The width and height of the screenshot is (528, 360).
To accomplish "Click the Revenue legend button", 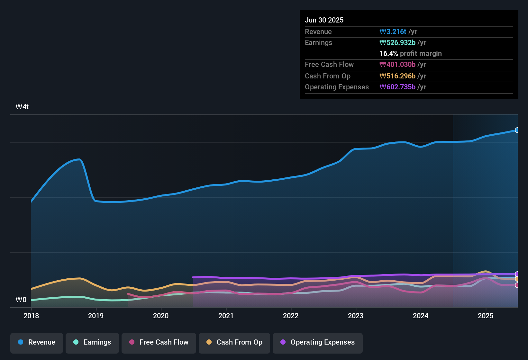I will click(37, 342).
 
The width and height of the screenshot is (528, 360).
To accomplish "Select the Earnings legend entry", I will click(92, 342).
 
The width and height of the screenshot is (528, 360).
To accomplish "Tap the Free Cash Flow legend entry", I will click(159, 342).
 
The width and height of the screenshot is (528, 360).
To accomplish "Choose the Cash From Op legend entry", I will click(234, 342).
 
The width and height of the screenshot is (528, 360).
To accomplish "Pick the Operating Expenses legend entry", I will click(318, 342).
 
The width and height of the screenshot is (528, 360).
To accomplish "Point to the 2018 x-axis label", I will click(31, 316).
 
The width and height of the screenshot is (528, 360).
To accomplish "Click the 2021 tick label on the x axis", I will click(226, 316).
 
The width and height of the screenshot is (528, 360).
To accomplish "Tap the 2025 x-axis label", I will click(486, 316).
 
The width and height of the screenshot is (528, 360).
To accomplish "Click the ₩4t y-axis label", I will click(22, 107).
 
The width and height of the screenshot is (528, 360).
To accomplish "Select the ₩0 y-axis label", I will click(21, 300).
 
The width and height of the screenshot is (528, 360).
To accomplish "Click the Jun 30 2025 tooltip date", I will click(324, 20).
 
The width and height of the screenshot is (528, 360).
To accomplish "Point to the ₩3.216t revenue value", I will click(393, 32).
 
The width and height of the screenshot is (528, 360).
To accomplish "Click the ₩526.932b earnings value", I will click(397, 43).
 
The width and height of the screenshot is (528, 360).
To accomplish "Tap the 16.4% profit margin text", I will click(411, 54).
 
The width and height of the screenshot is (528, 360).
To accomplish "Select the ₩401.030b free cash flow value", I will click(397, 65).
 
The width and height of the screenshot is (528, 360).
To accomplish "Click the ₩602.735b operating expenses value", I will click(397, 87).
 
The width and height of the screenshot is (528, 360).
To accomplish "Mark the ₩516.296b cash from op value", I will click(397, 76).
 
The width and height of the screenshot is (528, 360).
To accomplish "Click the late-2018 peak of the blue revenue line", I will click(78, 159).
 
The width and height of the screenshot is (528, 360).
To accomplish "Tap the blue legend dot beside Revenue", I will click(21, 342).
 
